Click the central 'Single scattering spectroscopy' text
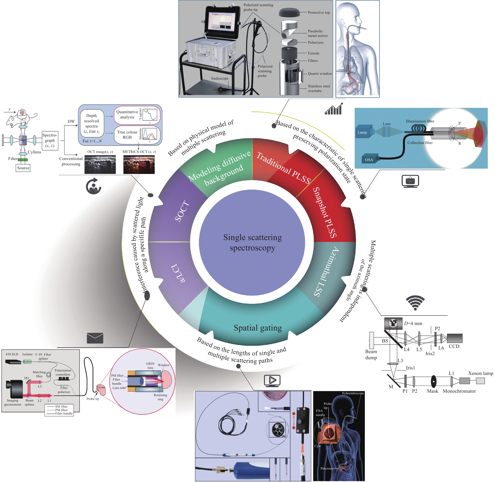point(252,243)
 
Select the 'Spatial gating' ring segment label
point(258,328)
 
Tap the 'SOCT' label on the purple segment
point(182,211)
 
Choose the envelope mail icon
point(95,338)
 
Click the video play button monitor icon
point(272,380)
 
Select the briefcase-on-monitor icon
point(410,181)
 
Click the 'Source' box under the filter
point(23,168)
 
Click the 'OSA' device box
point(369,160)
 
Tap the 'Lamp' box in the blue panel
point(363,132)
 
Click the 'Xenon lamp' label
point(480,373)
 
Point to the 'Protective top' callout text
point(319,12)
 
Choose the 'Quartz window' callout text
point(320,74)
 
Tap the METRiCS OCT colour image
point(139,165)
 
